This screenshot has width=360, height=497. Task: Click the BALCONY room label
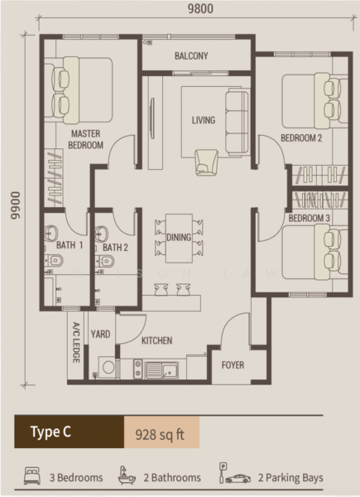click(191, 56)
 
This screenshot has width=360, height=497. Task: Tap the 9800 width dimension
click(200, 8)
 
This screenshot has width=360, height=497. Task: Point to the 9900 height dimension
click(15, 205)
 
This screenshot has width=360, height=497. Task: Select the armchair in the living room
click(207, 162)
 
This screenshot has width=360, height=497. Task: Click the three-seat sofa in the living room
click(237, 122)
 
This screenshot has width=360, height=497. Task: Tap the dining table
click(179, 239)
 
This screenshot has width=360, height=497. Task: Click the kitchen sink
click(161, 370)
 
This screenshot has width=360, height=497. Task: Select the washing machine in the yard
click(108, 367)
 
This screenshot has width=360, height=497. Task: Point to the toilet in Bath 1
click(54, 261)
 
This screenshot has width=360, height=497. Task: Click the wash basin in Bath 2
click(102, 234)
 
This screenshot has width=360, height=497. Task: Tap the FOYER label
click(233, 365)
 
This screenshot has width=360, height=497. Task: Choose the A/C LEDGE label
click(76, 342)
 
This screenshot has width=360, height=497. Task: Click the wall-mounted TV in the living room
click(152, 118)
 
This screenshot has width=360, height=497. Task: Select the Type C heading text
click(50, 432)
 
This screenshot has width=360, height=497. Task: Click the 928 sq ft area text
click(160, 434)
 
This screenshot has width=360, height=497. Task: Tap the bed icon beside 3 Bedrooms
click(32, 475)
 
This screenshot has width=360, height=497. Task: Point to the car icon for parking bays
click(238, 479)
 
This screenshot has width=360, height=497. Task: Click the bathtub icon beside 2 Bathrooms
click(127, 475)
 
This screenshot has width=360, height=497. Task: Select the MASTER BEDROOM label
click(86, 139)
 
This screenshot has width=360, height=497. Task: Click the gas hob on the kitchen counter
click(137, 369)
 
